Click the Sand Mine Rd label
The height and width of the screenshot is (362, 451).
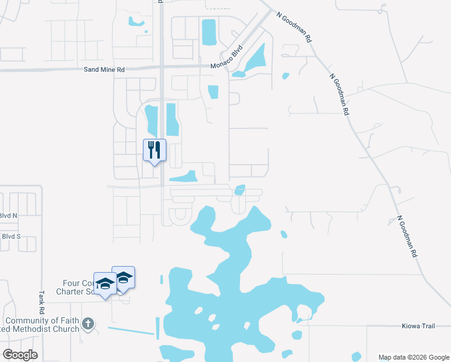coord(104,70)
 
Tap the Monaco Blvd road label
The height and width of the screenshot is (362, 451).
coord(226,58)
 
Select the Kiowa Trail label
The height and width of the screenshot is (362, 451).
coord(418,326)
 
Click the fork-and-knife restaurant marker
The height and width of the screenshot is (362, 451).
coord(154,149)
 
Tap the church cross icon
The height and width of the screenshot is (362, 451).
coord(88,324)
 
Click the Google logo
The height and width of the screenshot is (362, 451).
coord(20,355)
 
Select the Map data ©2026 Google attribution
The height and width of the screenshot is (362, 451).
coord(414,357)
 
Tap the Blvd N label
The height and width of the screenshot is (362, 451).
coord(8,215)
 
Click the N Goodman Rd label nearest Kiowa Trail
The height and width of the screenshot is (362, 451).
coord(408,237)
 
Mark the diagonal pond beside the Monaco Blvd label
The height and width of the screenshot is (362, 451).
coord(254,60)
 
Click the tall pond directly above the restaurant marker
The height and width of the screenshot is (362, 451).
coord(151,121)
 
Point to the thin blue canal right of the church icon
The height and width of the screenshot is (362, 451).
coord(130,330)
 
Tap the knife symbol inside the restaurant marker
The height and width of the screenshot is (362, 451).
coord(158,148)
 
